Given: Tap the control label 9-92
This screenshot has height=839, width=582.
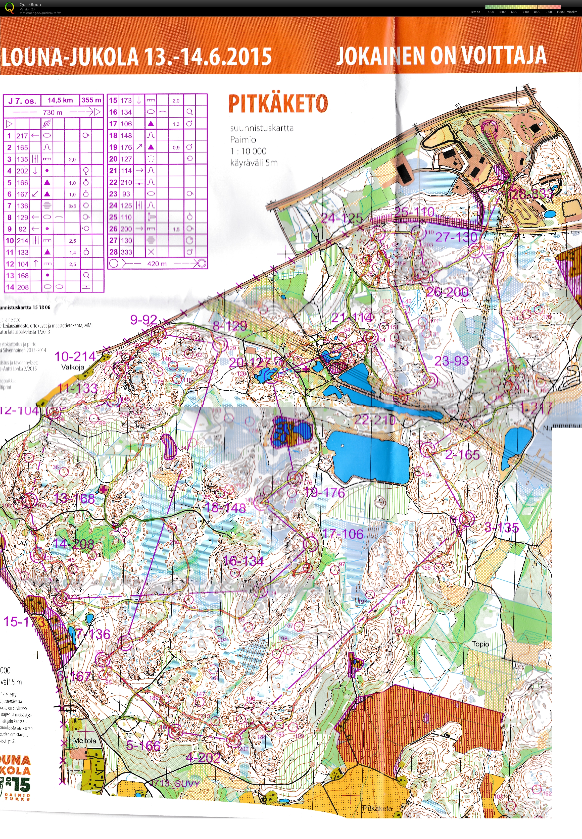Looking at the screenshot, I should pyautogui.click(x=144, y=320).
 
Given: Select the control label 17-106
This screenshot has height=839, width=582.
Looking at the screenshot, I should pyautogui.click(x=343, y=534).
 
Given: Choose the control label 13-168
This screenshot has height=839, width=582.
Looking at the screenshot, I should pyautogui.click(x=74, y=499).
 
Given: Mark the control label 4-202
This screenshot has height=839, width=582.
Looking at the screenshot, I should pyautogui.click(x=203, y=758).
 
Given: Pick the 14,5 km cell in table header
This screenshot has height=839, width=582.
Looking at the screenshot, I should pyautogui.click(x=60, y=100).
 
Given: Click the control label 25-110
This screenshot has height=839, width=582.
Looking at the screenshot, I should pyautogui.click(x=415, y=212).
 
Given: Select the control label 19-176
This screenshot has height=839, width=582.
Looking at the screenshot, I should pyautogui.click(x=324, y=493).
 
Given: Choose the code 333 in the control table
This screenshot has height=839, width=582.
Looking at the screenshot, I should pyautogui.click(x=126, y=252).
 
